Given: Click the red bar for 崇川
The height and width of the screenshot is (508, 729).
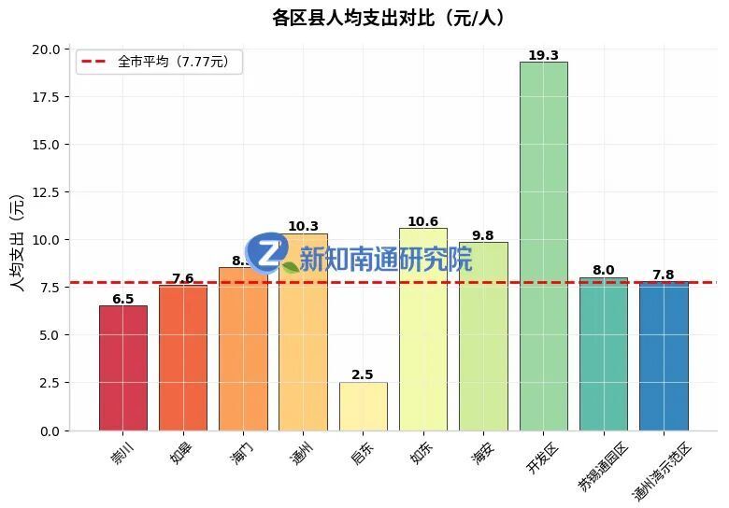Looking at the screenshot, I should pyautogui.click(x=122, y=368).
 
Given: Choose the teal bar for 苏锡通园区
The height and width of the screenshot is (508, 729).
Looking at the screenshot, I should pyautogui.click(x=603, y=354).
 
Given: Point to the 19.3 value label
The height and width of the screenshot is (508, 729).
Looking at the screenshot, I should pyautogui.click(x=543, y=55).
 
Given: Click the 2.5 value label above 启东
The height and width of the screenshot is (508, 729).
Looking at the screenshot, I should pyautogui.click(x=363, y=374).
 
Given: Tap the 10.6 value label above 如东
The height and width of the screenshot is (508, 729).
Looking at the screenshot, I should pyautogui.click(x=422, y=221).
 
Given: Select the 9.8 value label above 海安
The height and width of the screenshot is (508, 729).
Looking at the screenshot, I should pyautogui.click(x=482, y=235).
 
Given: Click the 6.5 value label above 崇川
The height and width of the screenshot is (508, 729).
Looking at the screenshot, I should pyautogui.click(x=122, y=299).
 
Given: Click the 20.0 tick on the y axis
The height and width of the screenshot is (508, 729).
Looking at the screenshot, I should pyautogui.click(x=49, y=49).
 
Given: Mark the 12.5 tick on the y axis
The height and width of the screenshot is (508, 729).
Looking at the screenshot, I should pyautogui.click(x=49, y=192).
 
